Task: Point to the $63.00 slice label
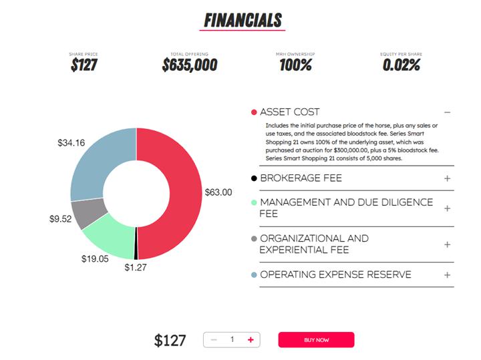coord(218,192)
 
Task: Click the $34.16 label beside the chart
coord(71,142)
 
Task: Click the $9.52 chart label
coord(60,218)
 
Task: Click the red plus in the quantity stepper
coord(251,340)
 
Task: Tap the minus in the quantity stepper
coord(214,340)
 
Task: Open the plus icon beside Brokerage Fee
coord(448,178)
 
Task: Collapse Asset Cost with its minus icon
coord(448,112)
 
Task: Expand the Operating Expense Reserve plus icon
coord(448,275)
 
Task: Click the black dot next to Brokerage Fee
coord(254,178)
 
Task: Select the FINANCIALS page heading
coord(243,20)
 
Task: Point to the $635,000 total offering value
coord(190,65)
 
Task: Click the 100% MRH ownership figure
coord(296,65)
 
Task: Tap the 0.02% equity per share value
coord(402,65)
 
